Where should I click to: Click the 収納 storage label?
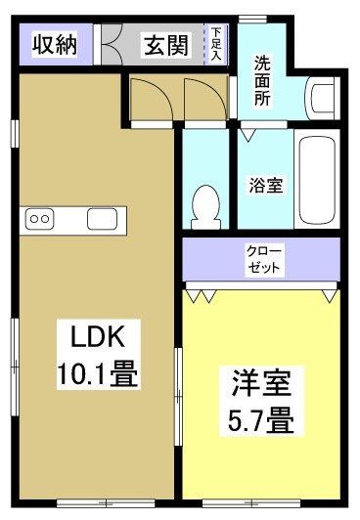pos(54,45)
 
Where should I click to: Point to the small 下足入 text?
pos(217,45)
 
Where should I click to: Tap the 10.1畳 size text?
pos(94,373)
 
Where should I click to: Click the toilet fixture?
pos(206,203)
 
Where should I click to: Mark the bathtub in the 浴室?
pos(318,181)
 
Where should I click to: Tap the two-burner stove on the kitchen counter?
pos(40,219)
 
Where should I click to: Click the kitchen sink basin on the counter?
pos(102,219)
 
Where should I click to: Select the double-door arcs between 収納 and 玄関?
pos(117,44)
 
